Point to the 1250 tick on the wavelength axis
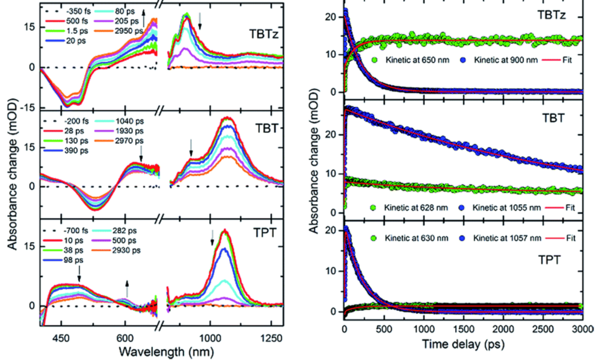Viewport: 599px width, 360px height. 271,337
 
